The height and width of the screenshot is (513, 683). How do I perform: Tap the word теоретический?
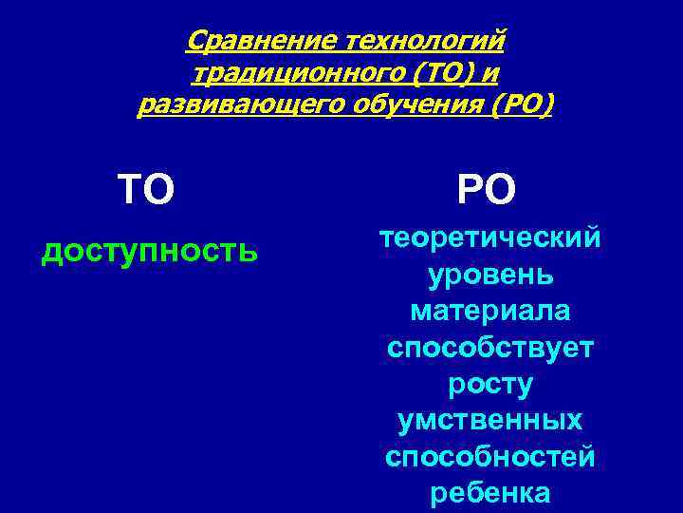tap(489, 238)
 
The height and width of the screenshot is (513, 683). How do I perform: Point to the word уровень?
tap(489, 275)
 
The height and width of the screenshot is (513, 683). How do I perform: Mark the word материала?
tap(489, 311)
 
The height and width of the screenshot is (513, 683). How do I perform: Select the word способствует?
tap(489, 348)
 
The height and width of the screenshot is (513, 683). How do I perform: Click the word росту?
tap(489, 385)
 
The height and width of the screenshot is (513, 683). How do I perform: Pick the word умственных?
tap(489, 420)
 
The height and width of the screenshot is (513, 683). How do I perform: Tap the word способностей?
tap(489, 457)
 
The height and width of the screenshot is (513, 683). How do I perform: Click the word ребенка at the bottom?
tap(489, 493)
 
